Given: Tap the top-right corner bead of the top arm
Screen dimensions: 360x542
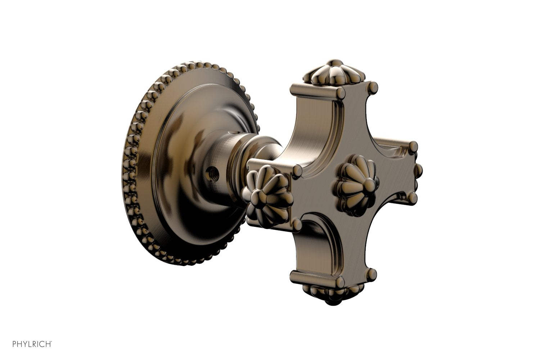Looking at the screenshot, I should click(x=372, y=87).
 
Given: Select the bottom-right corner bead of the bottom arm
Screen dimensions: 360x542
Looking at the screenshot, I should click(x=372, y=274).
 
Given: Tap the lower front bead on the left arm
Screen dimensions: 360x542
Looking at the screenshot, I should click(x=297, y=225).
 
